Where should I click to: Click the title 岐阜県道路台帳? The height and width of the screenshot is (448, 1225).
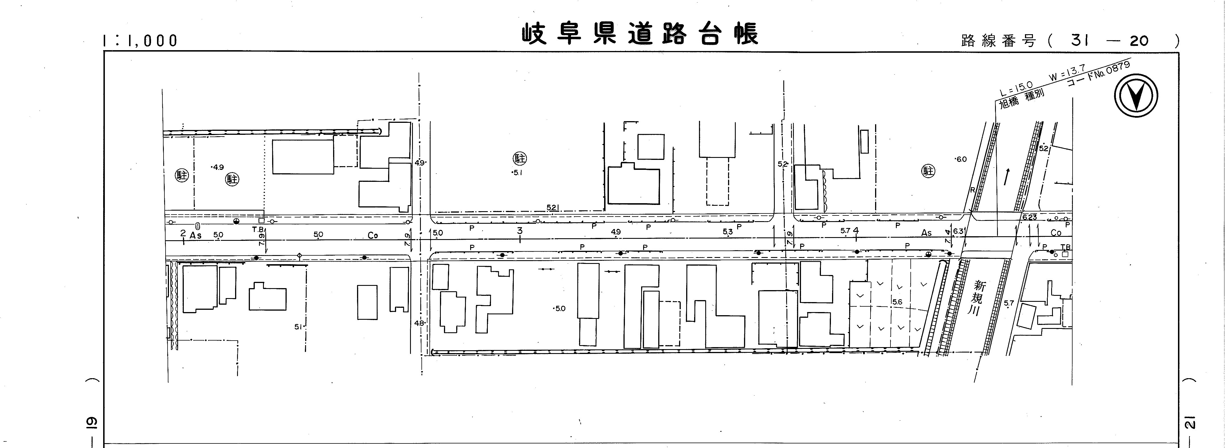(640, 34)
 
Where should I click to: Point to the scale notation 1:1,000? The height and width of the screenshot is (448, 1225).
(140, 41)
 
